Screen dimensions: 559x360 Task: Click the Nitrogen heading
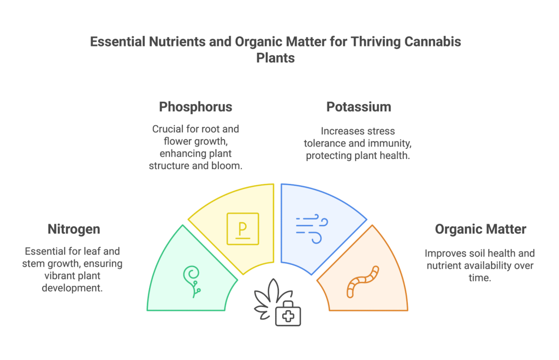click(x=74, y=229)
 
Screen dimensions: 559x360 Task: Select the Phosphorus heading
click(x=195, y=107)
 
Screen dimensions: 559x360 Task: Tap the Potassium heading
click(x=359, y=107)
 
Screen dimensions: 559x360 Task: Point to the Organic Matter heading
click(x=480, y=229)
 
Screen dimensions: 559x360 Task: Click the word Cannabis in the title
click(x=433, y=42)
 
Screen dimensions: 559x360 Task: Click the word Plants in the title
click(x=276, y=58)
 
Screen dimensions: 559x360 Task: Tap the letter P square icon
click(x=243, y=229)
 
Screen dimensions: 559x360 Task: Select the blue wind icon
click(x=312, y=229)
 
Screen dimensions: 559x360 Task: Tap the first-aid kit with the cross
click(x=288, y=314)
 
